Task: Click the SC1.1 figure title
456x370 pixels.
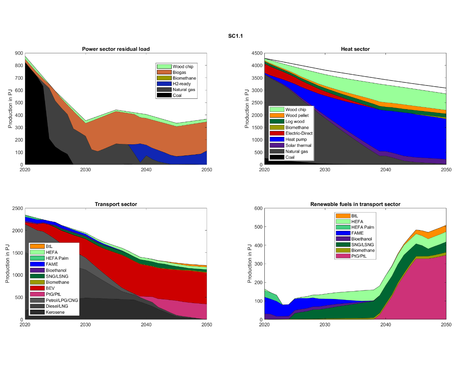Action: click(x=235, y=36)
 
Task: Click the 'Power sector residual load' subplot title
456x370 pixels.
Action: click(x=116, y=49)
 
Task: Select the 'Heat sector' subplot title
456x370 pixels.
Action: click(x=355, y=49)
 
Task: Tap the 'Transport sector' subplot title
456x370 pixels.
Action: click(x=116, y=204)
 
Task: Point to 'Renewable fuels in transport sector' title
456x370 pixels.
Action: click(x=355, y=204)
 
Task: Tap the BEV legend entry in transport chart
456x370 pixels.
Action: click(x=50, y=288)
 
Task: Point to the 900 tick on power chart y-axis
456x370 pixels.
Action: click(x=19, y=53)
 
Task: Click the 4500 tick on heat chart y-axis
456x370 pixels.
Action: click(x=257, y=53)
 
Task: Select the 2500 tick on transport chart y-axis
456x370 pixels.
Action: click(x=18, y=208)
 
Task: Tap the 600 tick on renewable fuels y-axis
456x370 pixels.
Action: click(x=258, y=208)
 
